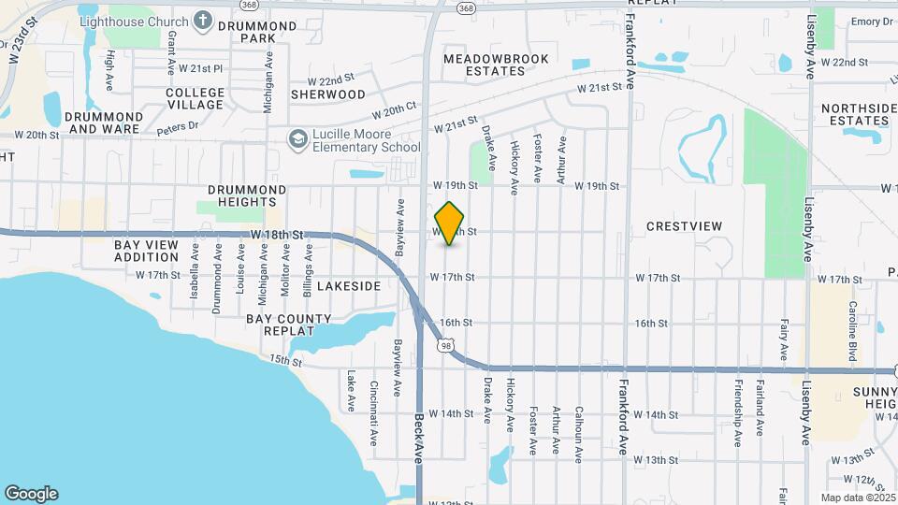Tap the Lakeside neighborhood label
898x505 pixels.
pyautogui.click(x=348, y=285)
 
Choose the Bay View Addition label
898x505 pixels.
pyautogui.click(x=146, y=251)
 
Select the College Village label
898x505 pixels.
pyautogui.click(x=195, y=98)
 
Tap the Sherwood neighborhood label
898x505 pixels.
pyautogui.click(x=327, y=94)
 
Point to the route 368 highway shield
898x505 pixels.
pyautogui.click(x=464, y=7)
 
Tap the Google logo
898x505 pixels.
pyautogui.click(x=31, y=494)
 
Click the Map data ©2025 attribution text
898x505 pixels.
pyautogui.click(x=856, y=498)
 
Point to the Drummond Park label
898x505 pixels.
pyautogui.click(x=245, y=32)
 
